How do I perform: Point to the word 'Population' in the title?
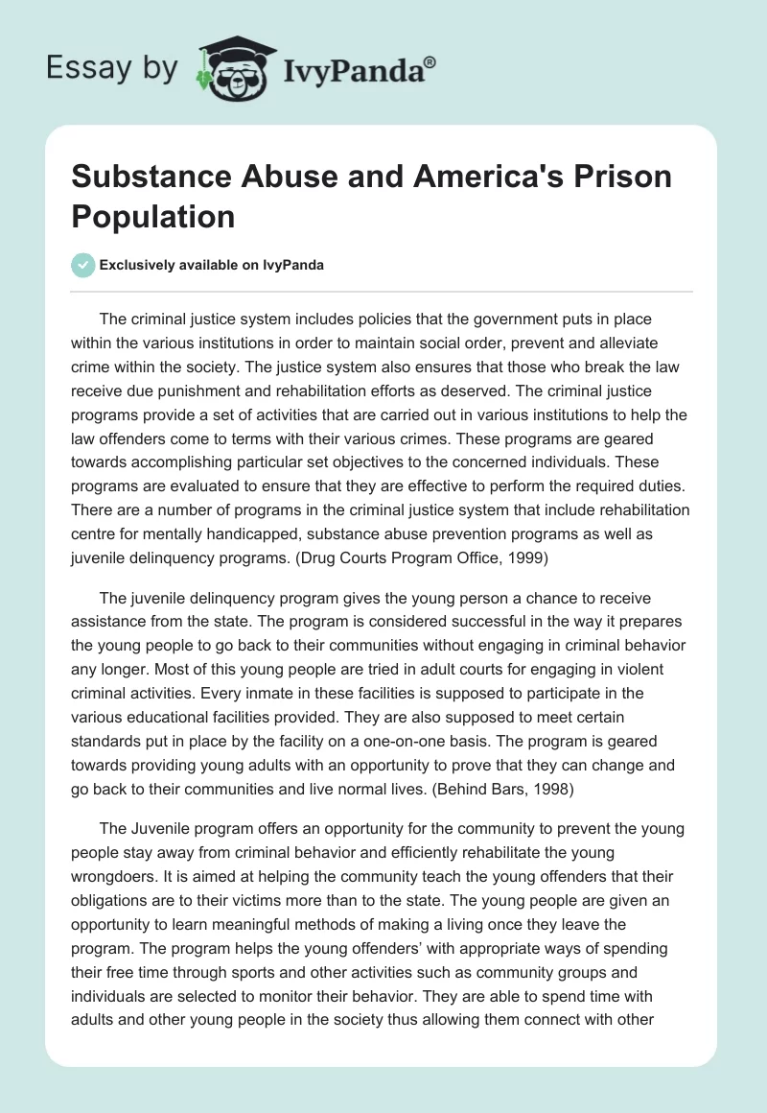click(152, 216)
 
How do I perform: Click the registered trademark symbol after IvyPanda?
click(430, 61)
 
